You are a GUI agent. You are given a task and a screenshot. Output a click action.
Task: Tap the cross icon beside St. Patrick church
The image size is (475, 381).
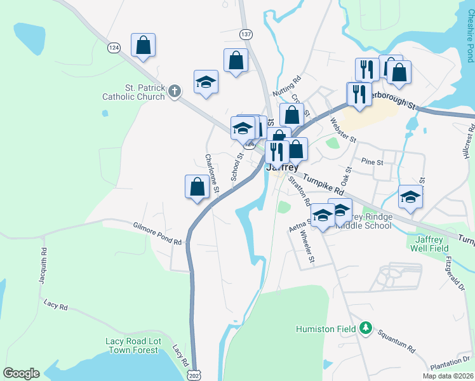pos(175,93)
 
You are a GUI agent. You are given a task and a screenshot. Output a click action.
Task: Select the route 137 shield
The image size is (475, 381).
pos(247,33)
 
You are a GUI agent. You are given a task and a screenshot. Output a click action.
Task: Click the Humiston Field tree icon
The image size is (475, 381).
pos(365,328)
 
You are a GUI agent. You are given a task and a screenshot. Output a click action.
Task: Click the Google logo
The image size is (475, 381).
pos(21,373)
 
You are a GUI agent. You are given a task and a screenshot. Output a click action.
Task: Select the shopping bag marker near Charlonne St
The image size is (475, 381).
pos(197,187)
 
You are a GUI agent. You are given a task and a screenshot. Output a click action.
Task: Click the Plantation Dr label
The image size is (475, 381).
pos(448,363)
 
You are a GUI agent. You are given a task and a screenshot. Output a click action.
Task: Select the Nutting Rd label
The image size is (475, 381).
pos(286,88)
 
